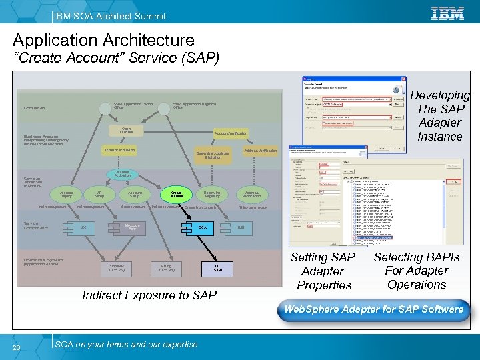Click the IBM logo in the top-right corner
(x=447, y=13)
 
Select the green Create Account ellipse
(x=177, y=194)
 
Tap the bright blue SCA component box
(x=203, y=227)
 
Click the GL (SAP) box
(x=217, y=268)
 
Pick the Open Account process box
(x=126, y=131)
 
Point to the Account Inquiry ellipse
(x=67, y=194)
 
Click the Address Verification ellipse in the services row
(x=251, y=194)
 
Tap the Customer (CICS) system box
(x=121, y=268)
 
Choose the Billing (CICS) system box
(x=167, y=268)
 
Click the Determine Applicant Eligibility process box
(x=213, y=155)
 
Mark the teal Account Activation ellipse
(x=123, y=173)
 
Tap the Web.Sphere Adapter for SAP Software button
(x=373, y=309)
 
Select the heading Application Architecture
(x=103, y=41)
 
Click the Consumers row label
(x=35, y=108)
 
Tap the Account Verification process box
(x=231, y=133)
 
